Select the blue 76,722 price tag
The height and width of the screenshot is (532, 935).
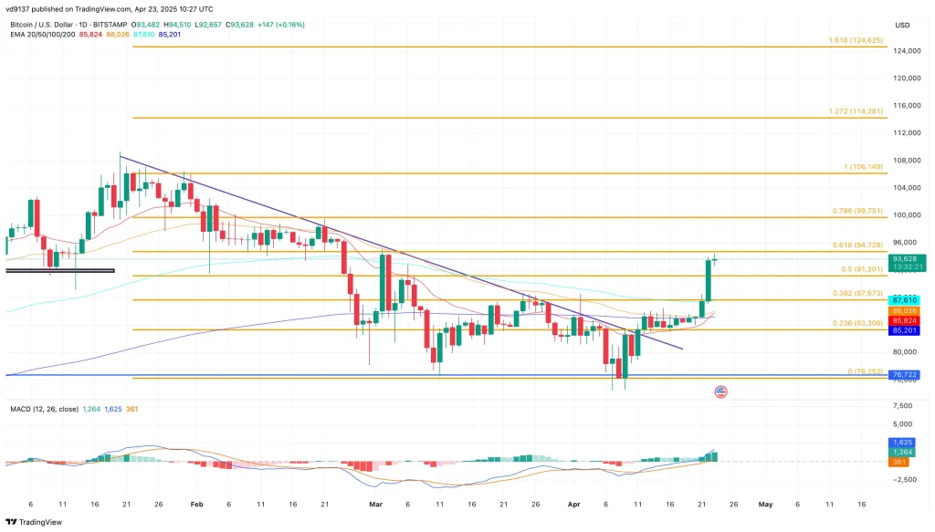pyautogui.click(x=906, y=375)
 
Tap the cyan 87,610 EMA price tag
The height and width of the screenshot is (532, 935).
pyautogui.click(x=906, y=300)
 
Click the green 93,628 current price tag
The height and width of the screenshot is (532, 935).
pyautogui.click(x=906, y=258)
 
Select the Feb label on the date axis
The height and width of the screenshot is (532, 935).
pyautogui.click(x=196, y=503)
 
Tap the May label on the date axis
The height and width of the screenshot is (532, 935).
pyautogui.click(x=765, y=503)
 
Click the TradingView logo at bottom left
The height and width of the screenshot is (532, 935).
pyautogui.click(x=37, y=522)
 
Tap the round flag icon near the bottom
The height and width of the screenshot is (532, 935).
pyautogui.click(x=720, y=391)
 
